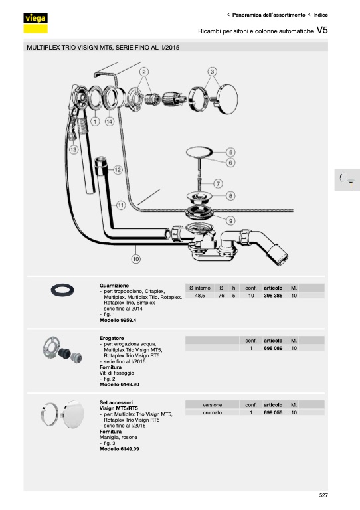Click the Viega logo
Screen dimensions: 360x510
coord(35,23)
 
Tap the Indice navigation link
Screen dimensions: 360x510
coord(320,15)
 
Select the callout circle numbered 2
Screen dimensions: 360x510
coord(144,72)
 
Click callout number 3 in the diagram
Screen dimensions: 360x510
coord(213,72)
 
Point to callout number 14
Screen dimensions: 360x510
coord(110,122)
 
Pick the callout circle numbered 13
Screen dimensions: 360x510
coord(74,149)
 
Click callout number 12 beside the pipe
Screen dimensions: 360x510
coord(118,170)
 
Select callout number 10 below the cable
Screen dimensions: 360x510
coord(136,259)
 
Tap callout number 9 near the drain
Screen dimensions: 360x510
coord(230,221)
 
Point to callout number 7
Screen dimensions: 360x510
coord(218,183)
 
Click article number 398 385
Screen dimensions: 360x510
coord(273,296)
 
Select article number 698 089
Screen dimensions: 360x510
coord(273,348)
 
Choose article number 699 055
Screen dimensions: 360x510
coord(273,412)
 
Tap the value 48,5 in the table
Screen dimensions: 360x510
coord(200,296)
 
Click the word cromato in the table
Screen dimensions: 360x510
coord(213,412)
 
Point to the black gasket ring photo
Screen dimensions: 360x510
coord(62,290)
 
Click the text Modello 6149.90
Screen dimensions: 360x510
coord(119,384)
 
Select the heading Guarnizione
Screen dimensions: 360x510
coord(114,286)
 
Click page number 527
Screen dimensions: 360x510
coord(323,495)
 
